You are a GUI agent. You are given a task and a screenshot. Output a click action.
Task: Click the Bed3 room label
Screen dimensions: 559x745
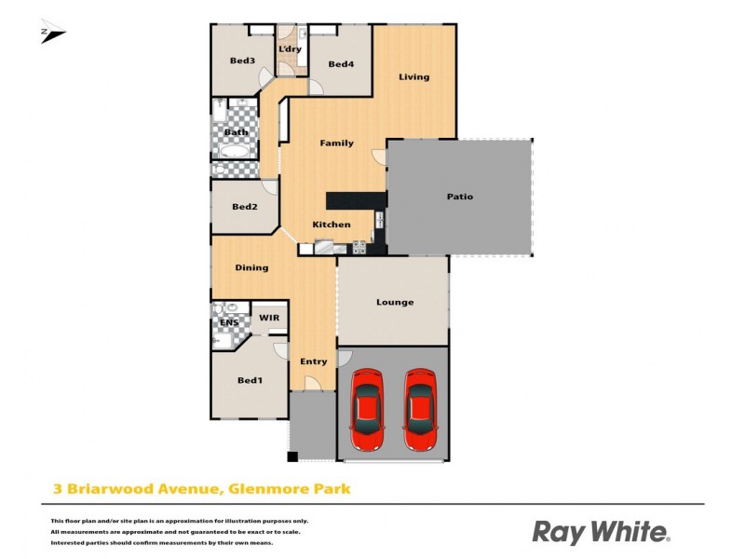(x=243, y=61)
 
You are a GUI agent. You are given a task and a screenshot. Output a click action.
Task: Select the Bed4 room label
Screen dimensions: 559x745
(x=342, y=64)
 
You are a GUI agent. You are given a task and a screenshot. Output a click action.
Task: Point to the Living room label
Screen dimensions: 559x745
(x=414, y=76)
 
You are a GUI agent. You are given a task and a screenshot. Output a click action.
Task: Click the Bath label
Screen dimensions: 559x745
(x=237, y=132)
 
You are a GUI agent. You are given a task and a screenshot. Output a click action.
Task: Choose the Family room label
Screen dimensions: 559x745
(x=336, y=143)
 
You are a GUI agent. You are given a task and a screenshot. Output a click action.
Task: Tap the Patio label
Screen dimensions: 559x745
(x=460, y=197)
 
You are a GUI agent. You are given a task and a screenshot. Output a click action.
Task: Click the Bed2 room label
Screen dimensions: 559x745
(x=244, y=207)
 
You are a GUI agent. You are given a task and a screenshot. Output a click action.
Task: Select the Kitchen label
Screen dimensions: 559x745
(x=332, y=225)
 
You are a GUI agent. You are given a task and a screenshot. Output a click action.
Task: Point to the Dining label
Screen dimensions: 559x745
(x=251, y=267)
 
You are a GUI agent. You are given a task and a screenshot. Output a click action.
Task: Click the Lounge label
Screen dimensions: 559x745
(x=395, y=302)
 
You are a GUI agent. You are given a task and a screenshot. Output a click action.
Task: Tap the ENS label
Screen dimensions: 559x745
(x=229, y=322)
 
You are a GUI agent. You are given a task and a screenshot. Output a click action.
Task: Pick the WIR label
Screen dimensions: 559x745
(x=269, y=318)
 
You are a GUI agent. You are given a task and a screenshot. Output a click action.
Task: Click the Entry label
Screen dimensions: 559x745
(x=313, y=361)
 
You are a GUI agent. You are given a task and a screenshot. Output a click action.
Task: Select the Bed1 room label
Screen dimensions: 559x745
(x=250, y=380)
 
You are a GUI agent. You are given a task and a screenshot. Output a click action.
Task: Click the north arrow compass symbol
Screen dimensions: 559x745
(x=52, y=34)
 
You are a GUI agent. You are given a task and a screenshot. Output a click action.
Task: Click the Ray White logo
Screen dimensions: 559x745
(x=601, y=532)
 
